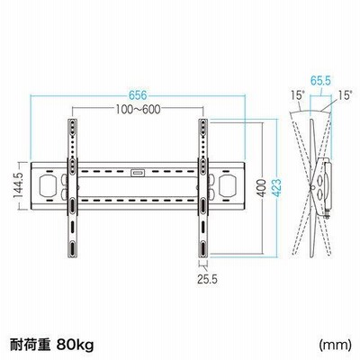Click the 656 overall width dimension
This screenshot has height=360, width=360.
138,95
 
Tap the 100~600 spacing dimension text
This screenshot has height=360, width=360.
139,110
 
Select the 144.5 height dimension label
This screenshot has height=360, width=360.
18,185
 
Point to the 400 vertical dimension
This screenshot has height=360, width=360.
262,188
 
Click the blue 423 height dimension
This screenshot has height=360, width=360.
276,188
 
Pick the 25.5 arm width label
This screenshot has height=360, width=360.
207,279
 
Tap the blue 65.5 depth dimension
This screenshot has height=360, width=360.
320,81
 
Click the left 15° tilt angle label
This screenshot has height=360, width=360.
297,95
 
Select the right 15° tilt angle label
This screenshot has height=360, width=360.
345,95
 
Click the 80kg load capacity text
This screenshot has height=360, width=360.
75,345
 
